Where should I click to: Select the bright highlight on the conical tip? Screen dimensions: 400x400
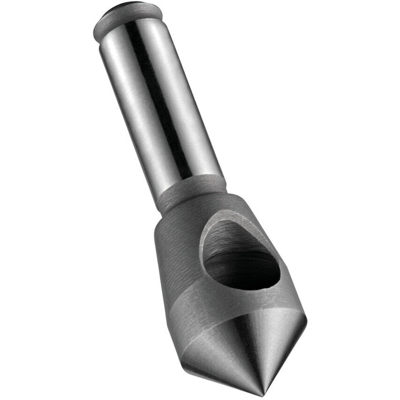click(262, 347)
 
